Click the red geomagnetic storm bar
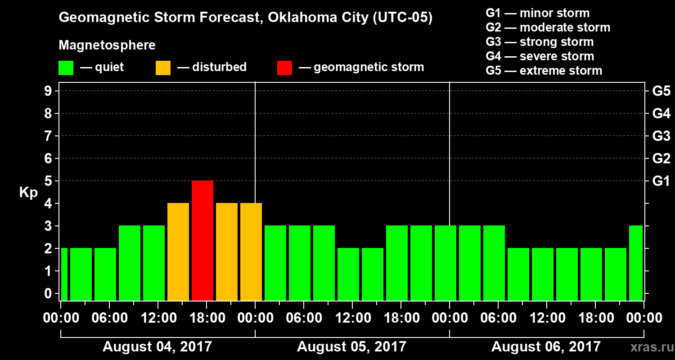[202, 240]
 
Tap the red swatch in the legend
[284, 67]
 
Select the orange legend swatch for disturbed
[163, 67]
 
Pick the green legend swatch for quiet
[66, 67]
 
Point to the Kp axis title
[28, 193]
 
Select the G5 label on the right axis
[661, 91]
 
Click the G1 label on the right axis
[661, 181]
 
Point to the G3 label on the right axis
[661, 136]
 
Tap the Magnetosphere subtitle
[107, 45]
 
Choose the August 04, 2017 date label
[157, 346]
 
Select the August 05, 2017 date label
[352, 346]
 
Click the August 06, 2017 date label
[546, 346]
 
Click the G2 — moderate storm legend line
[548, 27]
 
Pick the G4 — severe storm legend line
[540, 56]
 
